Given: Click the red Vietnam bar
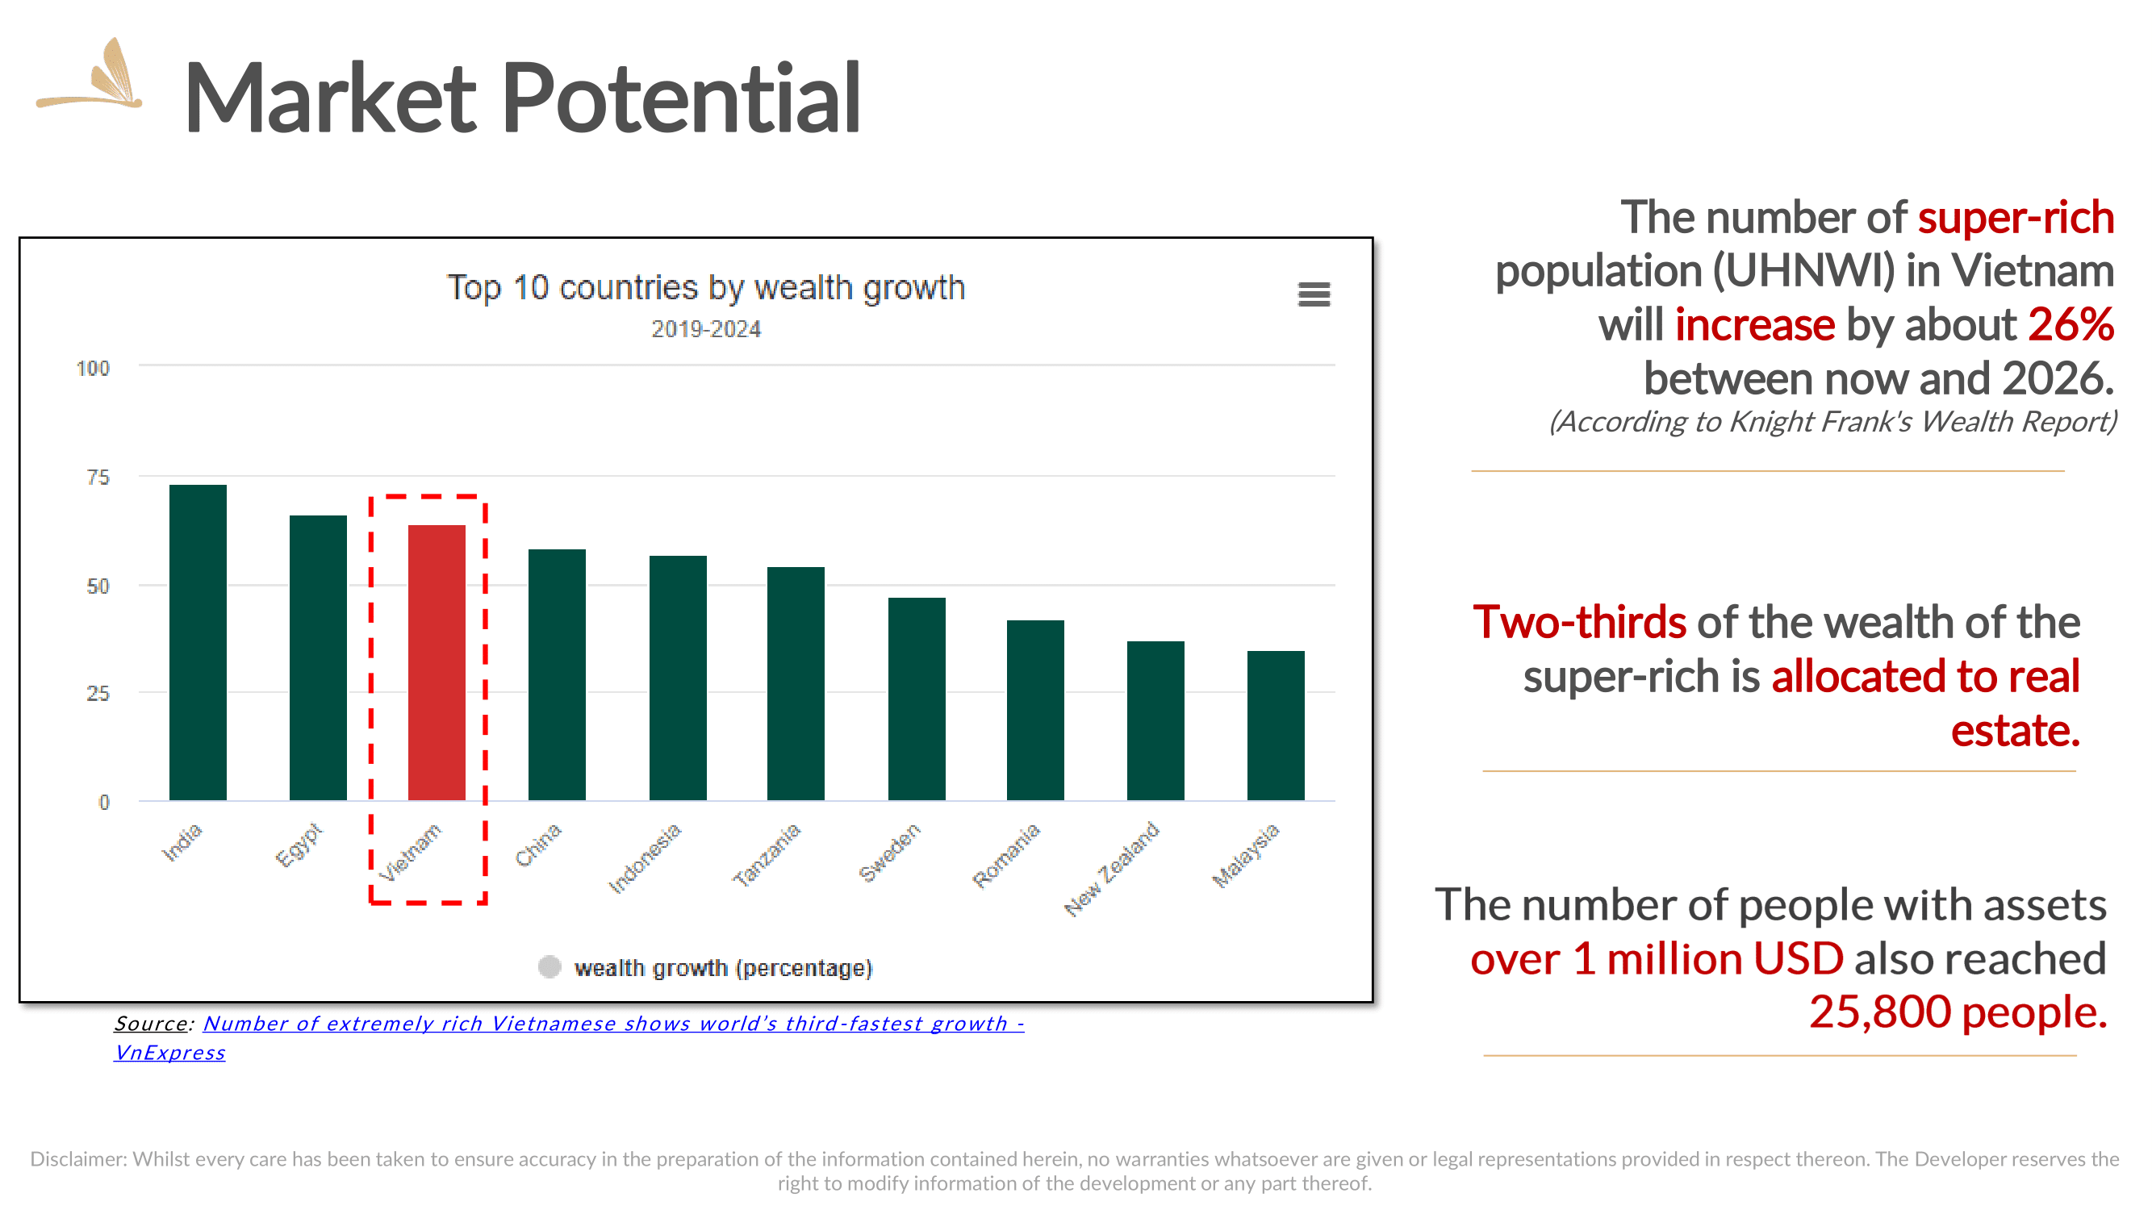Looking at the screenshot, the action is pos(436,662).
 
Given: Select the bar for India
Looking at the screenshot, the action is pos(198,642).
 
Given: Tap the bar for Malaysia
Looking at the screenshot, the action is pos(1276,725).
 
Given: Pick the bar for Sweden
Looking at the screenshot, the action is pos(917,699).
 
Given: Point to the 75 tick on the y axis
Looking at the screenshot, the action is pos(98,477).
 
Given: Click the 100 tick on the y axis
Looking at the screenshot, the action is pos(93,369).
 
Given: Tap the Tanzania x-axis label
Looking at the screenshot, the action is pos(767,854).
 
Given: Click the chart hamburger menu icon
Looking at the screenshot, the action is pos(1314,294).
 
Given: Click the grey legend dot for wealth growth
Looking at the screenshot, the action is pos(549,966).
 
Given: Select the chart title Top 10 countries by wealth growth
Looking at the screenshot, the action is pos(706,288).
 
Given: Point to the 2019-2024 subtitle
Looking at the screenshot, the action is pos(706,329).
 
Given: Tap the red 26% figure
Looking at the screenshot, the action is pos(2071,324).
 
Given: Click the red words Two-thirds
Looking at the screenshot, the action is pos(1579,622).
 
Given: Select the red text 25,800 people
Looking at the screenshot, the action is pos(1958,1012).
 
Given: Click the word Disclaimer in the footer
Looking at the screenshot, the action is pos(78,1158).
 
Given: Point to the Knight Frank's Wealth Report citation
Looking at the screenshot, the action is pos(1833,422).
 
